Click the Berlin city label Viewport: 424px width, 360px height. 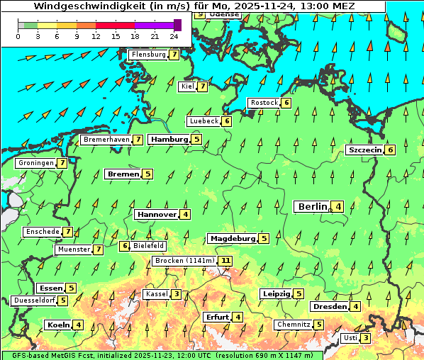point(312,206)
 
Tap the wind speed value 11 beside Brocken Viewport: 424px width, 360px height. point(225,261)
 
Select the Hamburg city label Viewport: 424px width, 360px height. point(169,140)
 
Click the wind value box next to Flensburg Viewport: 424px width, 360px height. point(174,55)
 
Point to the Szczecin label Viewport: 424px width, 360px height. point(364,150)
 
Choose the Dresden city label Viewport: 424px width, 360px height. point(329,307)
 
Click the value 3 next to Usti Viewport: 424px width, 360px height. point(365,338)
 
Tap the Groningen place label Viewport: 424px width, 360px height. point(35,163)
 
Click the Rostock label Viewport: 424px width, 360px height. point(264,103)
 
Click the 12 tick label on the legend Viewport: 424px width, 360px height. point(96,36)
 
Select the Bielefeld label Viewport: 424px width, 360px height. point(149,246)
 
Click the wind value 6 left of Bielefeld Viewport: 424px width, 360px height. point(125,247)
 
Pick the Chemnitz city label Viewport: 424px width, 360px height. point(294,325)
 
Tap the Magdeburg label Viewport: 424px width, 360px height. point(232,239)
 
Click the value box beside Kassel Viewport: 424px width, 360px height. point(176,294)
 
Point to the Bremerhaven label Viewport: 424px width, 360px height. point(106,140)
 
